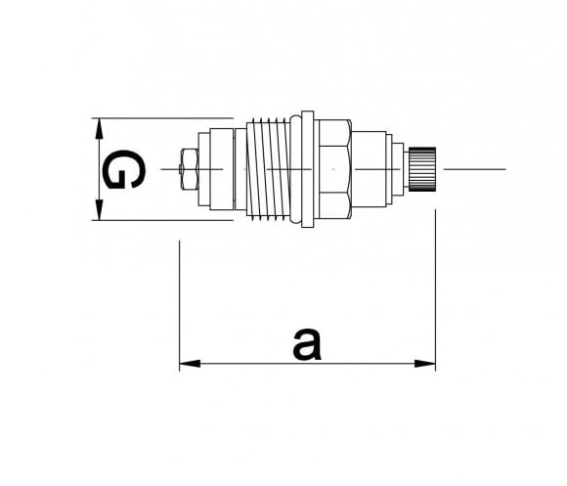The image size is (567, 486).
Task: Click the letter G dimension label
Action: click(x=124, y=169)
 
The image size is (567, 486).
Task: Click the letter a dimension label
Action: click(x=307, y=344)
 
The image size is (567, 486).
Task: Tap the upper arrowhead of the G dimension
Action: click(x=99, y=128)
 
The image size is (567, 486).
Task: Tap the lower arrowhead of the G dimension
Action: click(x=99, y=209)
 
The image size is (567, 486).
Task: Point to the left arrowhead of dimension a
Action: click(x=190, y=364)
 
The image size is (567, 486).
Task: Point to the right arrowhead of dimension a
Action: click(x=425, y=364)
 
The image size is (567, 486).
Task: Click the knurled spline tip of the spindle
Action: click(x=422, y=169)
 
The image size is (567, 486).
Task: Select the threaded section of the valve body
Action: click(x=268, y=169)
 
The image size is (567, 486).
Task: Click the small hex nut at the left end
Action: click(x=189, y=169)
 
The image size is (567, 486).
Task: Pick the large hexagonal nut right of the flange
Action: click(x=334, y=169)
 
